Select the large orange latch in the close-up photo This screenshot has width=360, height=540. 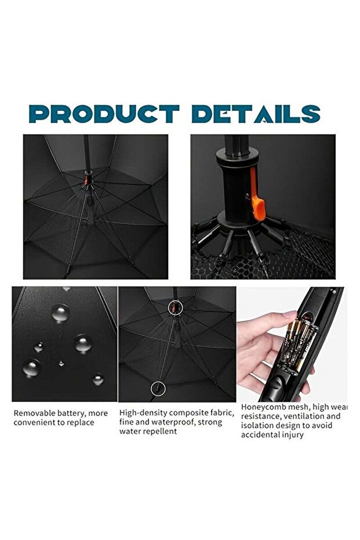[x=260, y=206]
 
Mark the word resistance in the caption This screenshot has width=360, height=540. [x=261, y=416]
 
